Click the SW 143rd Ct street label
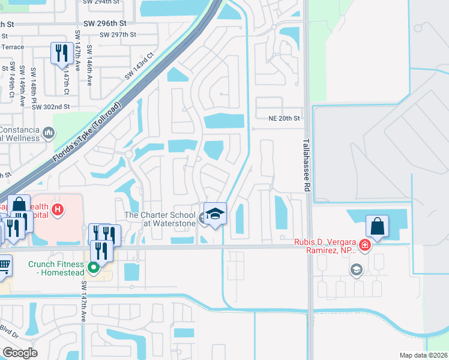coord(140,67)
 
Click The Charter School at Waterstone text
coord(160,220)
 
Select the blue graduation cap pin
coord(214,213)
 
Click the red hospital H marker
coord(58,209)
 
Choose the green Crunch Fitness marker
coord(94,268)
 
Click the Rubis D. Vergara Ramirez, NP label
coord(328,247)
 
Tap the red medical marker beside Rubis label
coord(365,245)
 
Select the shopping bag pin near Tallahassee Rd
coord(377,226)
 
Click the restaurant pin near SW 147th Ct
coord(61,53)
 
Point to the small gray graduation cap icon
coord(357,270)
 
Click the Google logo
coord(20,353)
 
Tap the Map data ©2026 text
coord(423,355)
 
